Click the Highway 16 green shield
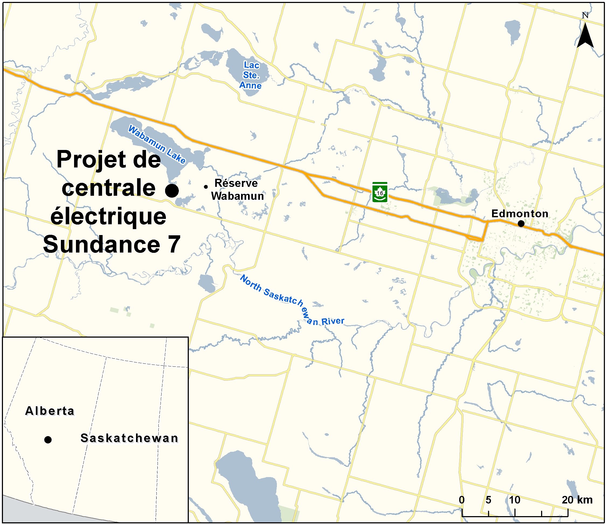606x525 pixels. (x=379, y=192)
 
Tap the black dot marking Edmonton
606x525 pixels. (x=521, y=223)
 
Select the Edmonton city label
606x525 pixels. (x=520, y=213)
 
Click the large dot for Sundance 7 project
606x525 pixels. (x=172, y=191)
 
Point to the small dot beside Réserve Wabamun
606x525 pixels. (x=206, y=187)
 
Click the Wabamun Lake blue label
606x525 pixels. (x=157, y=144)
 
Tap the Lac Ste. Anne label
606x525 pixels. (x=251, y=75)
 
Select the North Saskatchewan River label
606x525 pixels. (x=292, y=300)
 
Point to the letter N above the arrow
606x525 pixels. (x=585, y=15)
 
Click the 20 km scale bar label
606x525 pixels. (x=577, y=500)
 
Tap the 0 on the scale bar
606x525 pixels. (x=462, y=500)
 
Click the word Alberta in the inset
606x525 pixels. (x=50, y=411)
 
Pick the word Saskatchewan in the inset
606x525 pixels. (x=129, y=438)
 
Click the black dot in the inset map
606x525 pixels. (x=48, y=439)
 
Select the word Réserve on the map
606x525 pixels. (x=236, y=183)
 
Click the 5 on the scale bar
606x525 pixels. (x=488, y=500)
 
